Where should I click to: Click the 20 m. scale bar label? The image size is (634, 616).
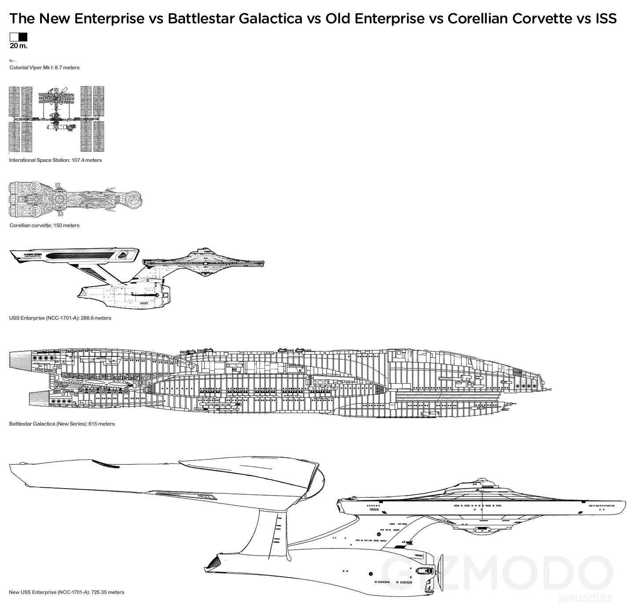[19, 46]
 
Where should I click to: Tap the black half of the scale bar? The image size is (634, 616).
[23, 37]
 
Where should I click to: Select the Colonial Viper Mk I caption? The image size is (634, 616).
[44, 67]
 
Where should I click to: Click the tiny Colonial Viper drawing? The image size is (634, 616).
[12, 60]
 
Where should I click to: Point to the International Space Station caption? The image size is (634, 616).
[56, 160]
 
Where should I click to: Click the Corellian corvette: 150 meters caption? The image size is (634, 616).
[44, 225]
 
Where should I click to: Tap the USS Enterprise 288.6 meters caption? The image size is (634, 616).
[60, 318]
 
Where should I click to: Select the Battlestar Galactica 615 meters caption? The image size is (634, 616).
[62, 424]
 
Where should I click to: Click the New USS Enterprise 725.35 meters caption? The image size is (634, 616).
[67, 592]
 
